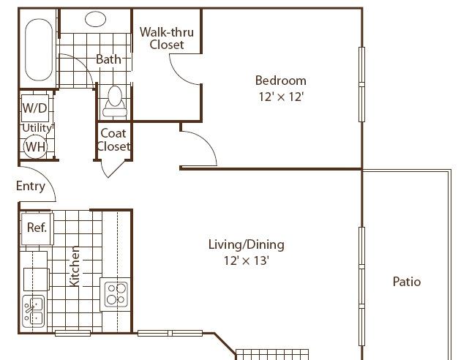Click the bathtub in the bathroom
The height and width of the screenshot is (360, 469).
pyautogui.click(x=39, y=50)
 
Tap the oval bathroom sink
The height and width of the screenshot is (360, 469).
pyautogui.click(x=95, y=19)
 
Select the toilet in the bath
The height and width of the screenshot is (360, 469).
pyautogui.click(x=115, y=102)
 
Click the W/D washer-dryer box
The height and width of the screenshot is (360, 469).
pyautogui.click(x=35, y=108)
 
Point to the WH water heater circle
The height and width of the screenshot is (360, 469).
pyautogui.click(x=35, y=147)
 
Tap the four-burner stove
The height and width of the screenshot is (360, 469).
pyautogui.click(x=116, y=294)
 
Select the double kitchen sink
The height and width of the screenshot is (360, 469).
pyautogui.click(x=34, y=312)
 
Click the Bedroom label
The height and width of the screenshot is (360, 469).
pyautogui.click(x=280, y=80)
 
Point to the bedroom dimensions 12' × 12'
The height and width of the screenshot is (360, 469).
pyautogui.click(x=281, y=97)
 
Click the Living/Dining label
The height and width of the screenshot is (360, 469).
pyautogui.click(x=246, y=244)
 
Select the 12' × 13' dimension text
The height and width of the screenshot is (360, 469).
pyautogui.click(x=247, y=260)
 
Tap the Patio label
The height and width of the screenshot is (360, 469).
pyautogui.click(x=407, y=282)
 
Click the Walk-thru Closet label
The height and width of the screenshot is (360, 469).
pyautogui.click(x=167, y=38)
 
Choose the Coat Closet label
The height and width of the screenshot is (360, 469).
pyautogui.click(x=113, y=140)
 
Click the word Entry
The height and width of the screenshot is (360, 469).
pyautogui.click(x=31, y=186)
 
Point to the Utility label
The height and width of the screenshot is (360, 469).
pyautogui.click(x=37, y=128)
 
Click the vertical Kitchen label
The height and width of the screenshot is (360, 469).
pyautogui.click(x=75, y=266)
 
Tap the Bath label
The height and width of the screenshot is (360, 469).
pyautogui.click(x=108, y=59)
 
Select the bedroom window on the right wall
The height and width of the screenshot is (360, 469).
pyautogui.click(x=361, y=84)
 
